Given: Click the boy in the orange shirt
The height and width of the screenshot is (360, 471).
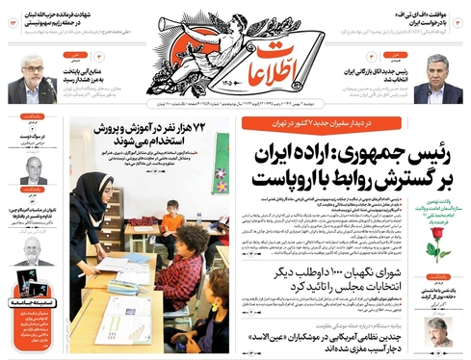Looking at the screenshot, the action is click(x=172, y=227).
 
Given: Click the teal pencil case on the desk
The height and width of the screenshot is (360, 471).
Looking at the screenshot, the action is click(x=123, y=286).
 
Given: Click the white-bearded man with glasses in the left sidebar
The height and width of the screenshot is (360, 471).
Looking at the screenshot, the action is click(x=34, y=248).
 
